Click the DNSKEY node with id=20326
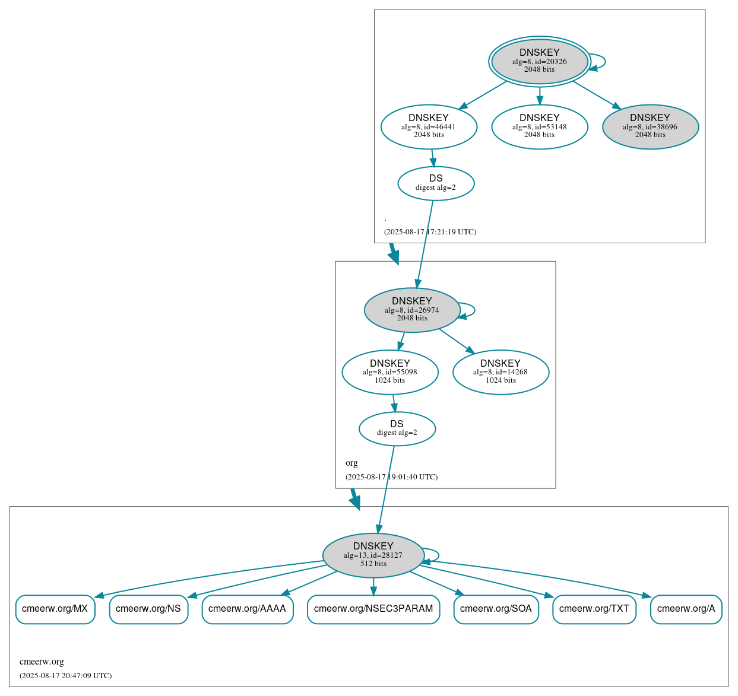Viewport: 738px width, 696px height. click(x=539, y=61)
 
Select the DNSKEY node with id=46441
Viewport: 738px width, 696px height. click(x=429, y=126)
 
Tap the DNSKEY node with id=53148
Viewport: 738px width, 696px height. click(x=539, y=126)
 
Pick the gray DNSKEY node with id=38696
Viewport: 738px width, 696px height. click(x=650, y=126)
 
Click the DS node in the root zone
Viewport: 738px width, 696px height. click(x=436, y=183)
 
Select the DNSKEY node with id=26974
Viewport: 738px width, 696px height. click(x=412, y=310)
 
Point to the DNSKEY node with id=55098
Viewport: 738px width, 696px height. click(x=390, y=372)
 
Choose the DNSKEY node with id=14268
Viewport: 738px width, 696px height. click(x=501, y=372)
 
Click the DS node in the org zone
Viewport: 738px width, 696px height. click(x=397, y=428)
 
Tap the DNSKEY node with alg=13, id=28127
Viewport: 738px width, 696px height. click(x=373, y=555)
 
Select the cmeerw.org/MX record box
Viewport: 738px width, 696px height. click(x=55, y=609)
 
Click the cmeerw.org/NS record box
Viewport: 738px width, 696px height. click(x=148, y=609)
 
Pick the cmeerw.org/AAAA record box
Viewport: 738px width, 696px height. click(x=248, y=609)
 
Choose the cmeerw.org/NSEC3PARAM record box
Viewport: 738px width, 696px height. click(x=373, y=609)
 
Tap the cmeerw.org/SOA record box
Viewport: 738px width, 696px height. click(x=496, y=609)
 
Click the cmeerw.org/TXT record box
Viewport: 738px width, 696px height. click(x=594, y=609)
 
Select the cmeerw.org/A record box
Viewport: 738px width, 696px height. click(x=686, y=609)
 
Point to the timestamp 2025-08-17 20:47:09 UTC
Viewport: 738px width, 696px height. click(x=65, y=676)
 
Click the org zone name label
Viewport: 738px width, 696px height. click(x=351, y=463)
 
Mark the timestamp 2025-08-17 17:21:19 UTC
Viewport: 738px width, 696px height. click(x=430, y=232)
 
